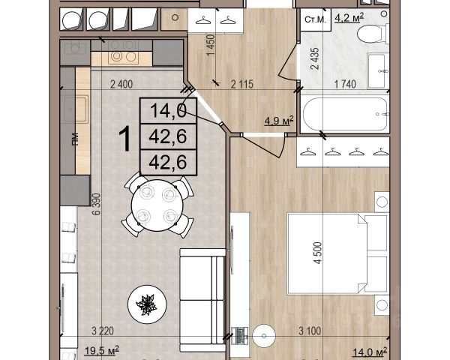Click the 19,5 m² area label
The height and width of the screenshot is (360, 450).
pos(102,350)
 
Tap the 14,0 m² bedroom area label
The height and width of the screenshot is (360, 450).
pos(370,352)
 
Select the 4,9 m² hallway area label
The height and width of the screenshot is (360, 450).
pos(279,121)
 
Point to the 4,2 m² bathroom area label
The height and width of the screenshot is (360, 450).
pos(349,18)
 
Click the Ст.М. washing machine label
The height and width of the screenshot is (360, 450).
pos(315,19)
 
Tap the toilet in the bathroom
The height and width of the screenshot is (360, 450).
pos(372,34)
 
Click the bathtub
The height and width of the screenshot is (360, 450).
pos(346,114)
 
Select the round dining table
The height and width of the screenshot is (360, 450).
pos(157,205)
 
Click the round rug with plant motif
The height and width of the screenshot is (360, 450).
pos(147,304)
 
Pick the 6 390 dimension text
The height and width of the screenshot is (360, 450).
pos(97,204)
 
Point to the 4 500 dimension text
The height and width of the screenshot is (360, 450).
pos(318,253)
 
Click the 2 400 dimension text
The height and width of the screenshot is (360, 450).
pos(121,85)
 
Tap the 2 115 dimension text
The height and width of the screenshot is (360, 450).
pos(242,85)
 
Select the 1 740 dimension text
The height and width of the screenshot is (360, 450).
pos(345,85)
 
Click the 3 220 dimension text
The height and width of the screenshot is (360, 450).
pos(103,331)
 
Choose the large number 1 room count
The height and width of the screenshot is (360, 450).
pos(125,139)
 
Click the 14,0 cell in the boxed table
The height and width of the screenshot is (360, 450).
pos(168,111)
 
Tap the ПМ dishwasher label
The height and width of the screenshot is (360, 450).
pos(75,139)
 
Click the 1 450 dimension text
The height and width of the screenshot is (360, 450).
pos(210,45)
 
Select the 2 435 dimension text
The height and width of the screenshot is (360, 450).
pos(315,58)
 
